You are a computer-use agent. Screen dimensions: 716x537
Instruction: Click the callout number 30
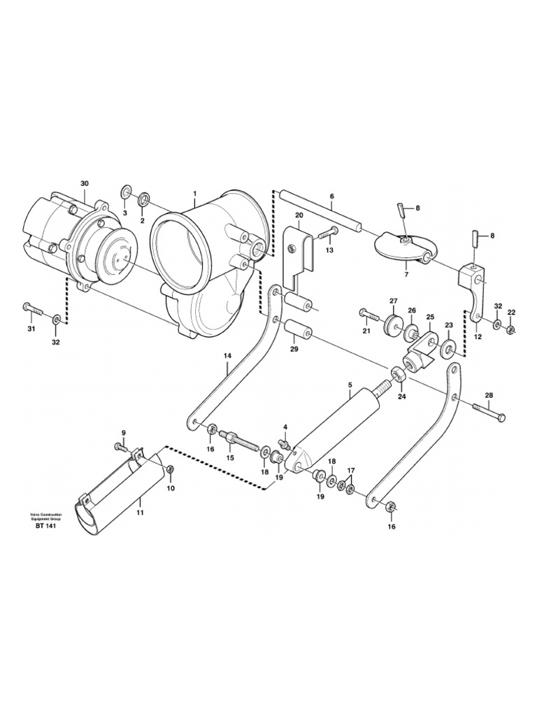(x=85, y=184)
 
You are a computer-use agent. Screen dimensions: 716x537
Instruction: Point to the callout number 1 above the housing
(x=194, y=194)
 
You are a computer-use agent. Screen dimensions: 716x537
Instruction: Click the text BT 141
(x=45, y=526)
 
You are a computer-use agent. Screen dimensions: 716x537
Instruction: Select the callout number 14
(x=227, y=356)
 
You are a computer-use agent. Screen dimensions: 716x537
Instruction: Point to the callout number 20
(x=299, y=215)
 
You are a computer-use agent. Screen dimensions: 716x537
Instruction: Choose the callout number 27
(x=393, y=301)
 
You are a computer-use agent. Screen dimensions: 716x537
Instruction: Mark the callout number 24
(x=401, y=396)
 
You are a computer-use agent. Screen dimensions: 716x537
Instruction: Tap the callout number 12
(x=478, y=336)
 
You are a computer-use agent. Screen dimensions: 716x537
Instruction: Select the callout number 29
(x=294, y=348)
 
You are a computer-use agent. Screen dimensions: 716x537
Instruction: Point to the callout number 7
(x=406, y=265)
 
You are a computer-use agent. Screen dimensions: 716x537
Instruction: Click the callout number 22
(x=511, y=313)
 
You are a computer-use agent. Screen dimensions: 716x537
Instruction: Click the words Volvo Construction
(x=45, y=514)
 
